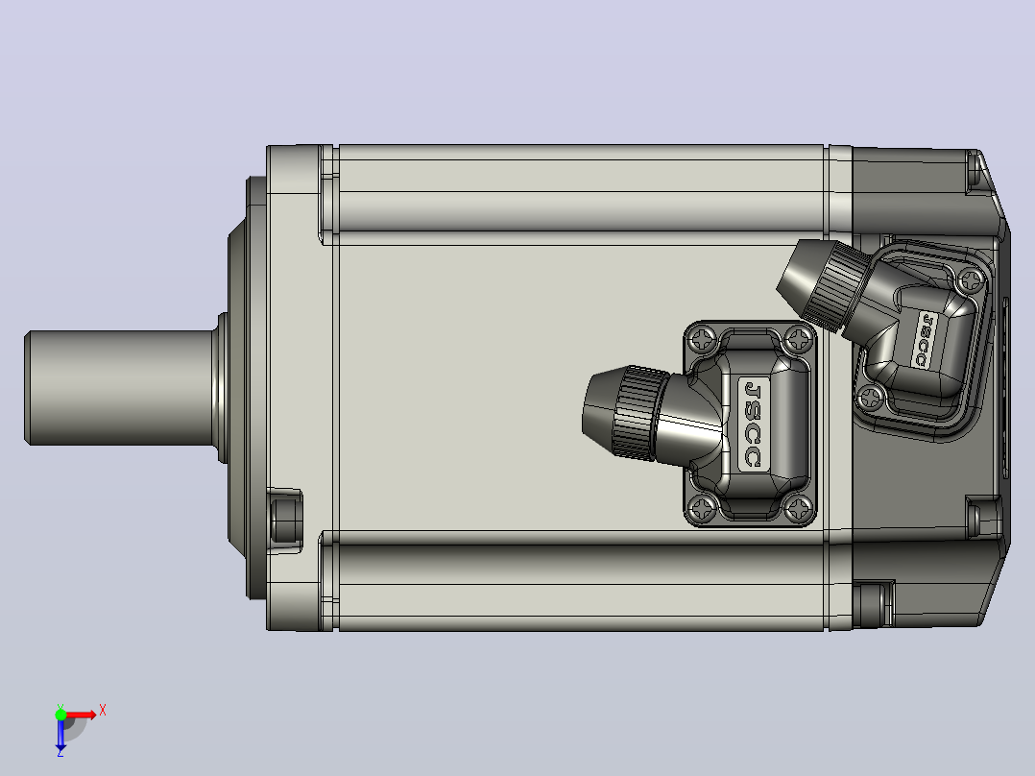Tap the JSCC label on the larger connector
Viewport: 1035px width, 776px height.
pos(753,424)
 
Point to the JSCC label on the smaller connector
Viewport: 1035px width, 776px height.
pos(926,340)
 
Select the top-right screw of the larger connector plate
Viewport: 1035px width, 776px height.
pos(800,340)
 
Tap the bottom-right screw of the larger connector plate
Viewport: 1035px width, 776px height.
pos(800,508)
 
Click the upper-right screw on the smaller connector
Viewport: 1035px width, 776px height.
pos(971,280)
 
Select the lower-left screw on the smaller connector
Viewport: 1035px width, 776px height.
pos(872,397)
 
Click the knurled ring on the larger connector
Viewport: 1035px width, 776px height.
pos(638,413)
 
